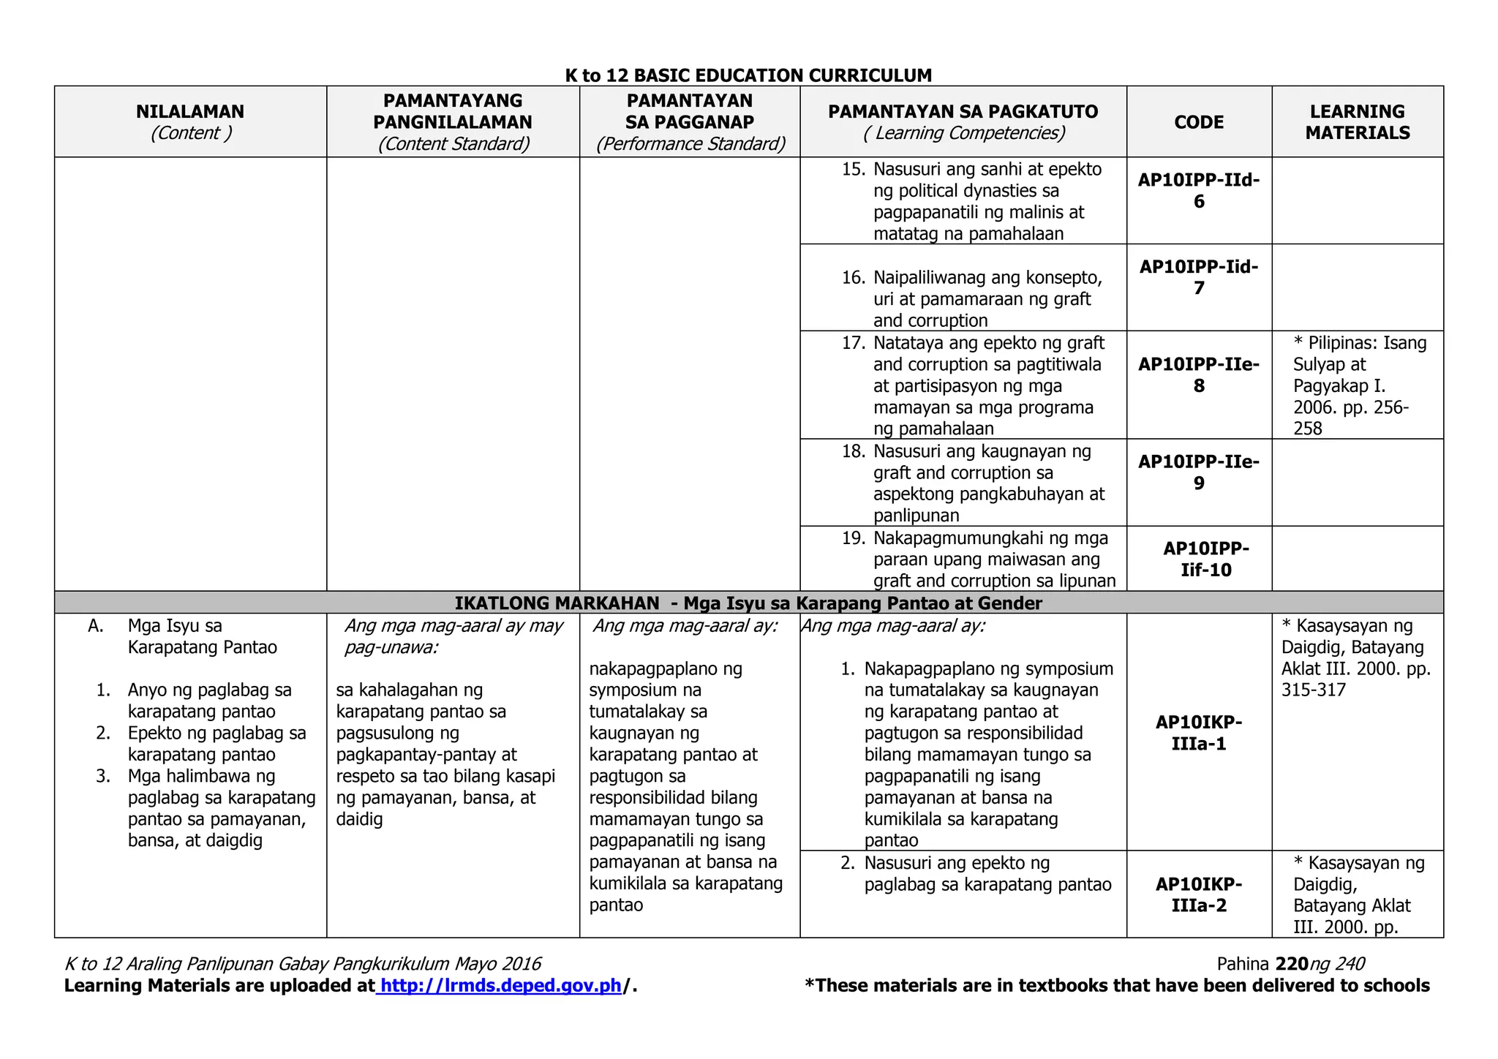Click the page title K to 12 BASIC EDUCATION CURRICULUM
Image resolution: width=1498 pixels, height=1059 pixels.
point(748,75)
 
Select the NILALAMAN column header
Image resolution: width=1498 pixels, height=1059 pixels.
point(190,112)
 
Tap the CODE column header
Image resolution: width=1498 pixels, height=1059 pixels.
point(1199,122)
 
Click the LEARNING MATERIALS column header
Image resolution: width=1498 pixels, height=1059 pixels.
point(1357,122)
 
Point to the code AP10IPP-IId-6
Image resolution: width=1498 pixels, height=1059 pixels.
point(1199,190)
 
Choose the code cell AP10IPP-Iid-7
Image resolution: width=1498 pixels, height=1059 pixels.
point(1199,277)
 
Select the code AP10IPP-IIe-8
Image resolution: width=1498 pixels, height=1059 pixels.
point(1199,374)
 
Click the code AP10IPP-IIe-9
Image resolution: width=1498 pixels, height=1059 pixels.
point(1199,472)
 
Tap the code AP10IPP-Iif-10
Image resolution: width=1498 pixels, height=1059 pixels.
point(1205,559)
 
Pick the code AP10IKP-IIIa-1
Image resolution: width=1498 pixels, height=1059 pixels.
point(1199,733)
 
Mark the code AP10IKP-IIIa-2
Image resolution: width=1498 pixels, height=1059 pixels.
point(1199,894)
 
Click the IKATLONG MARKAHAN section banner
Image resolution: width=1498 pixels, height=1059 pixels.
point(748,603)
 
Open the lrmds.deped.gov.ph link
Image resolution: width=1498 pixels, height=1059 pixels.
point(501,986)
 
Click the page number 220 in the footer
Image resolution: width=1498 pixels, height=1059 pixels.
point(1291,964)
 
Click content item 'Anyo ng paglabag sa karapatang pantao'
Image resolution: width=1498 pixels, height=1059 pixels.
point(208,701)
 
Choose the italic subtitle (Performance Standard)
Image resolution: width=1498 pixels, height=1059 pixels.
point(690,144)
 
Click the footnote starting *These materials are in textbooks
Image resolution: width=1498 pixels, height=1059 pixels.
point(1116,986)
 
